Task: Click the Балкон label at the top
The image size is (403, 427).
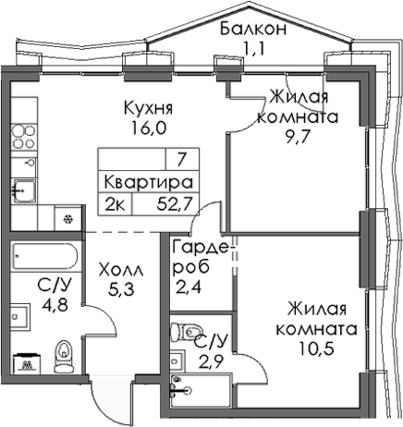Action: (x=252, y=29)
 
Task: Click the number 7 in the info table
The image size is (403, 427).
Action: (x=181, y=159)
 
